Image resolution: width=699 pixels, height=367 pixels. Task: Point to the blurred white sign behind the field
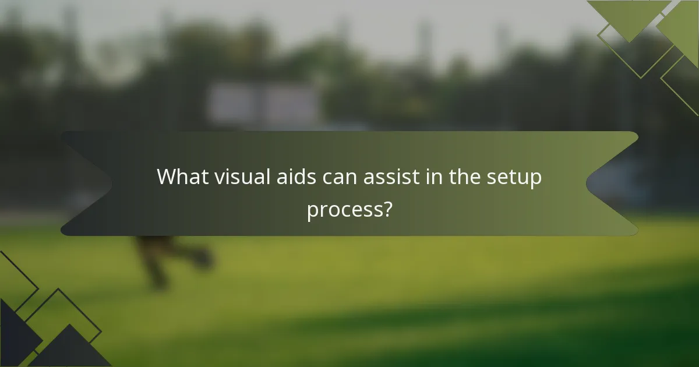click(265, 104)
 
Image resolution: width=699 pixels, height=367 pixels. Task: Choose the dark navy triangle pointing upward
click(70, 350)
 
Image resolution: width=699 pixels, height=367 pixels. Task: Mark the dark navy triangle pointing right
click(15, 332)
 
